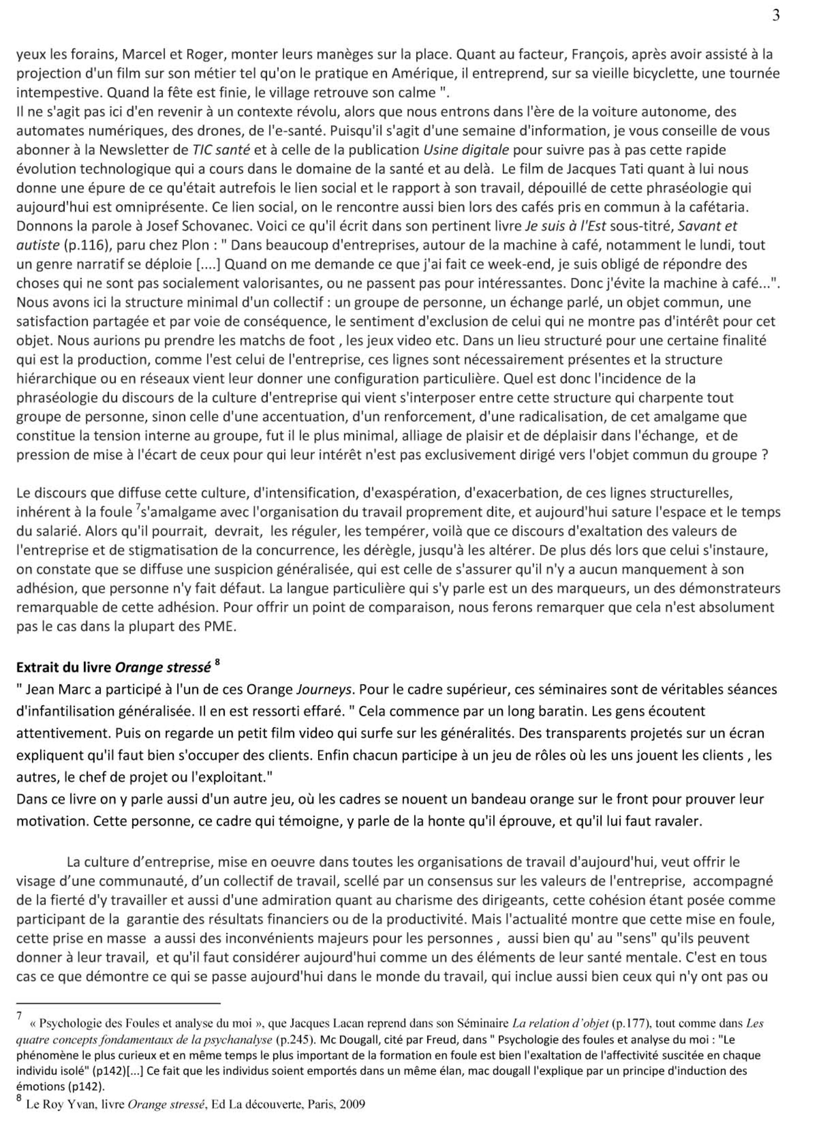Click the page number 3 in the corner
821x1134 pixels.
[x=775, y=16]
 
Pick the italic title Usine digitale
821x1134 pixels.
[x=466, y=150]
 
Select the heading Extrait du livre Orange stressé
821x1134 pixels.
[x=114, y=667]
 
